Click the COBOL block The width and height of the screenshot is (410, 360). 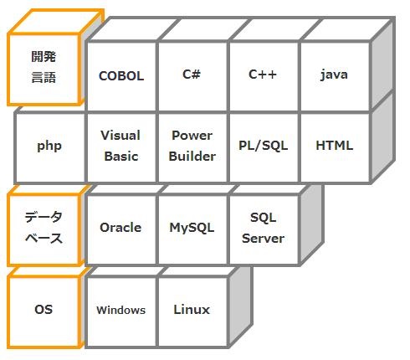click(x=121, y=76)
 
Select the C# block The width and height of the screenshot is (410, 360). click(x=192, y=76)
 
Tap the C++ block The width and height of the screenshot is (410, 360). click(x=264, y=76)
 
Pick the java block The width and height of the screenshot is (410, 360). click(x=336, y=76)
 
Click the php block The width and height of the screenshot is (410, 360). click(x=50, y=147)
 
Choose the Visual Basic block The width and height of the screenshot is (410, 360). click(x=121, y=147)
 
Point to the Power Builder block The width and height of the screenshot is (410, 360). click(x=192, y=147)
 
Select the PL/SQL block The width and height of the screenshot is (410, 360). click(x=264, y=147)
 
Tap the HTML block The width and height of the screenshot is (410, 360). click(x=336, y=147)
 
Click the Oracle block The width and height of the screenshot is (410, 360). click(x=121, y=229)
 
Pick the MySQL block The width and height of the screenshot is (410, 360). click(x=192, y=229)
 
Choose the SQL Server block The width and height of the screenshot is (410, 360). click(x=264, y=229)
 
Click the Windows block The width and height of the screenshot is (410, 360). click(x=121, y=311)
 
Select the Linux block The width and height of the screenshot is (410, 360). click(x=192, y=311)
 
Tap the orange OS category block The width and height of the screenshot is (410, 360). click(x=44, y=311)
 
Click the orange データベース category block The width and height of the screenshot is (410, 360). click(x=44, y=229)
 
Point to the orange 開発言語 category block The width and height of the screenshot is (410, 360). click(x=44, y=69)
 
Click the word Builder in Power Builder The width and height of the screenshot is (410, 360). click(x=192, y=157)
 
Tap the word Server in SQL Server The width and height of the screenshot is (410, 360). click(x=264, y=239)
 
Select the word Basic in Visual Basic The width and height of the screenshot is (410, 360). click(x=121, y=157)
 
